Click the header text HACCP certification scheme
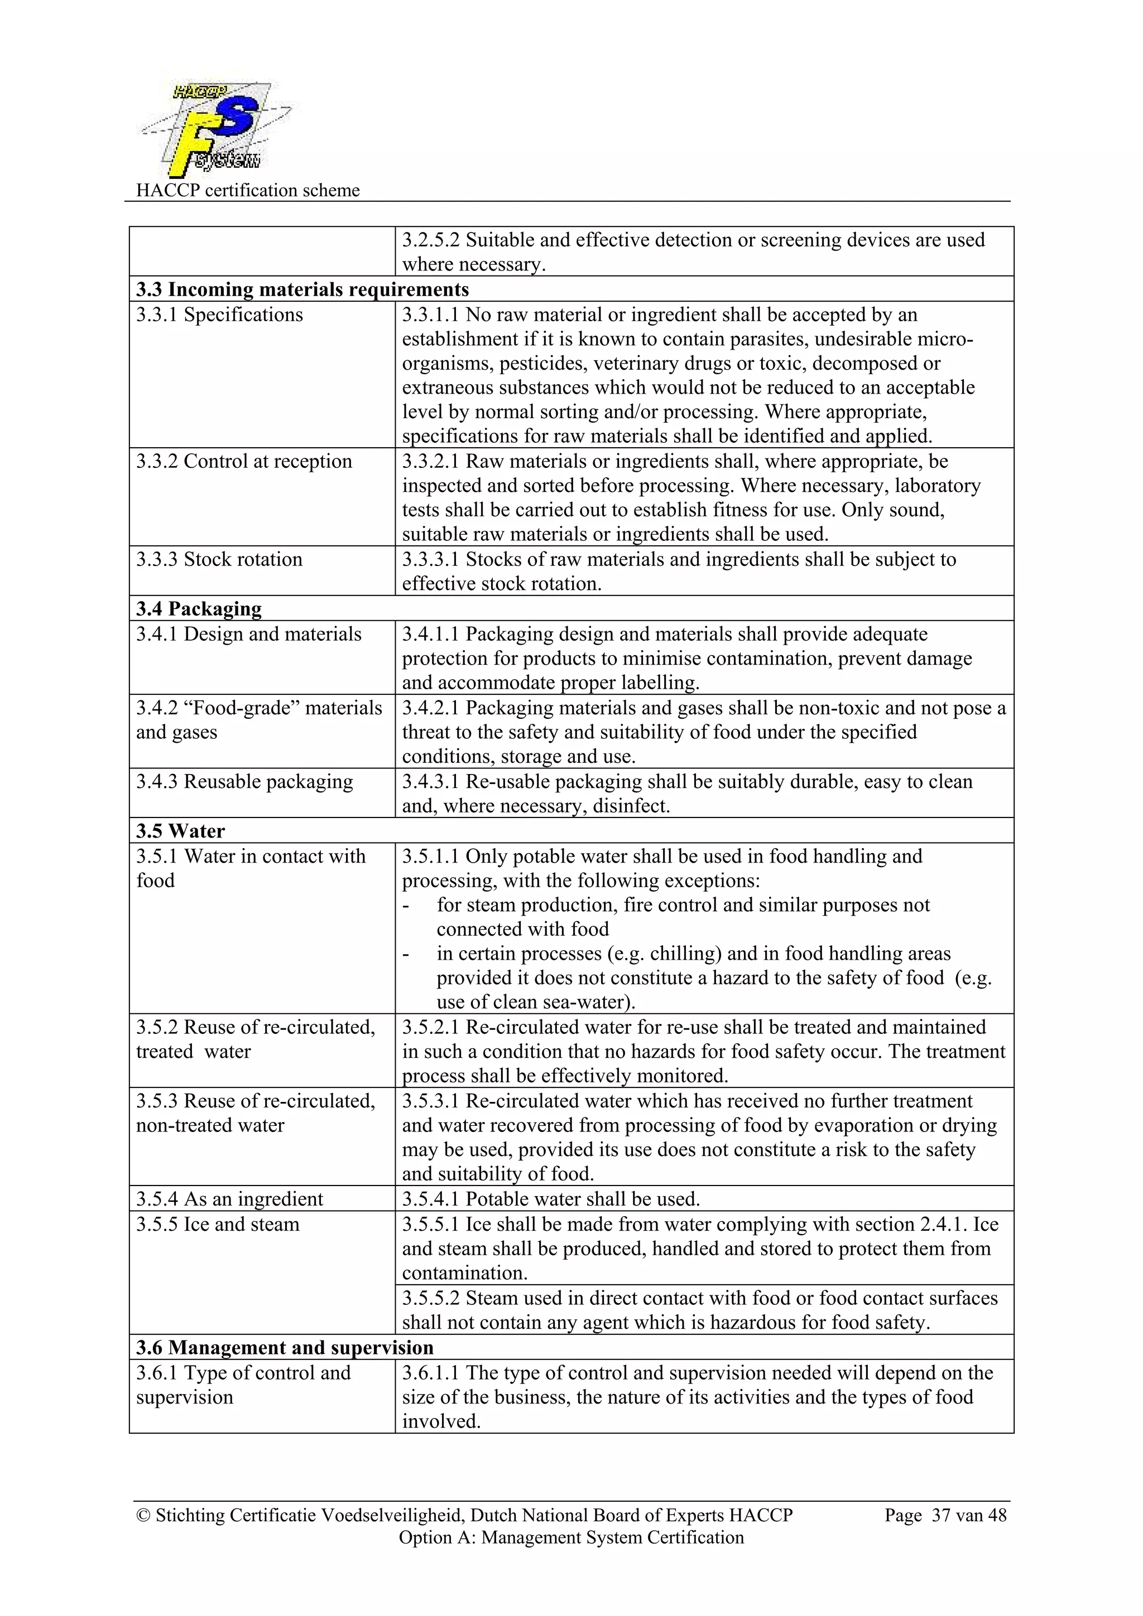247,190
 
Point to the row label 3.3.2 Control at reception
244,461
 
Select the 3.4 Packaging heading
199,608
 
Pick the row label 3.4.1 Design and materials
248,633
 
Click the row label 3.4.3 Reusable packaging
244,781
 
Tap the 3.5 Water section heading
180,830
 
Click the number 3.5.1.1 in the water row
430,856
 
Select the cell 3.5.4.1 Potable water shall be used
551,1199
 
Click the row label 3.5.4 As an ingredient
229,1199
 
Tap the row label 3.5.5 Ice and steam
218,1224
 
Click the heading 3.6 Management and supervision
285,1347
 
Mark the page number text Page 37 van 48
945,1515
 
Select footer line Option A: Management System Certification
571,1537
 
